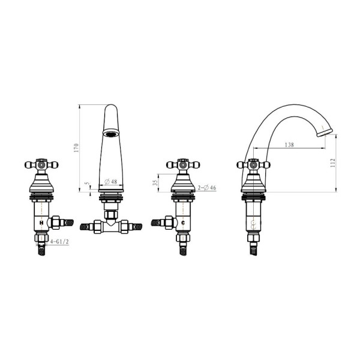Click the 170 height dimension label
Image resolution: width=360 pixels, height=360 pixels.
76,148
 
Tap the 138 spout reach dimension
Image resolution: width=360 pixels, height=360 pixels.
289,145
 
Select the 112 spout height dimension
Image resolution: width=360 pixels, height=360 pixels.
333,163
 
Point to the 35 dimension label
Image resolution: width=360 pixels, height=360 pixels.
155,183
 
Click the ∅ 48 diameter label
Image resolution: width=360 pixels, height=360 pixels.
111,182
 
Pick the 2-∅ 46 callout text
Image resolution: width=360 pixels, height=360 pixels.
207,188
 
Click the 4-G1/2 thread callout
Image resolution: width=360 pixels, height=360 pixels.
59,242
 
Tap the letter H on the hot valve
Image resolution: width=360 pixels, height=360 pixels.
41,223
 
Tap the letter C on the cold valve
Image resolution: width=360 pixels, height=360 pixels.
183,223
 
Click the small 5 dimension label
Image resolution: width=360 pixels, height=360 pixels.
86,184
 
